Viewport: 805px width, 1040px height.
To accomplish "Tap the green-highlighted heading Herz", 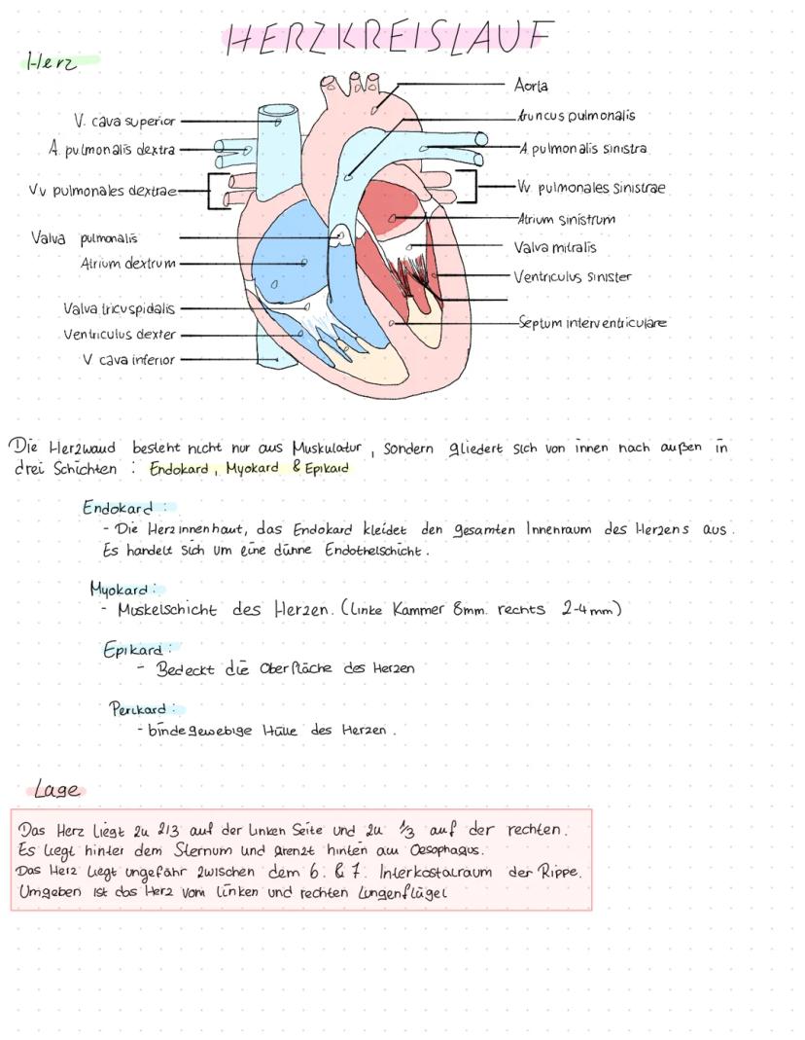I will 52,62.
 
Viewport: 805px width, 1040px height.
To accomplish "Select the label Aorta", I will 531,86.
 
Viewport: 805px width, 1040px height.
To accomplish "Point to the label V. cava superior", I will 124,122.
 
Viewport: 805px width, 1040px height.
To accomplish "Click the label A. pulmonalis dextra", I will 113,150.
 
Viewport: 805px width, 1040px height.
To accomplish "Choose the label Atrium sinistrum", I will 566,220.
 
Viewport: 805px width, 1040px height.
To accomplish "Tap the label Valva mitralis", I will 555,248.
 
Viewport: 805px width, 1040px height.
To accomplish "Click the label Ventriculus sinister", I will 573,276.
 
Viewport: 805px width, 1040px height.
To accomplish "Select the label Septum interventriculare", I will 592,322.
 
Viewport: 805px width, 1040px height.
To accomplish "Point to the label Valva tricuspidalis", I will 119,309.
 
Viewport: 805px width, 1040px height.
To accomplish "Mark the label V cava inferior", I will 128,359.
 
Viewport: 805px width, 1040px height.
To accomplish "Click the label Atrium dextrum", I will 128,263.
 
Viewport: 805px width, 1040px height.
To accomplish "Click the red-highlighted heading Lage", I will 57,789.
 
